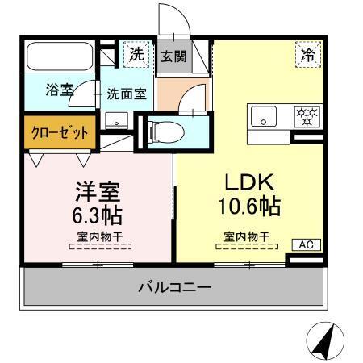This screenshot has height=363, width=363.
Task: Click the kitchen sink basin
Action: [264, 117]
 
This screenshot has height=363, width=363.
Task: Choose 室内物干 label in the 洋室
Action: [98, 237]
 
